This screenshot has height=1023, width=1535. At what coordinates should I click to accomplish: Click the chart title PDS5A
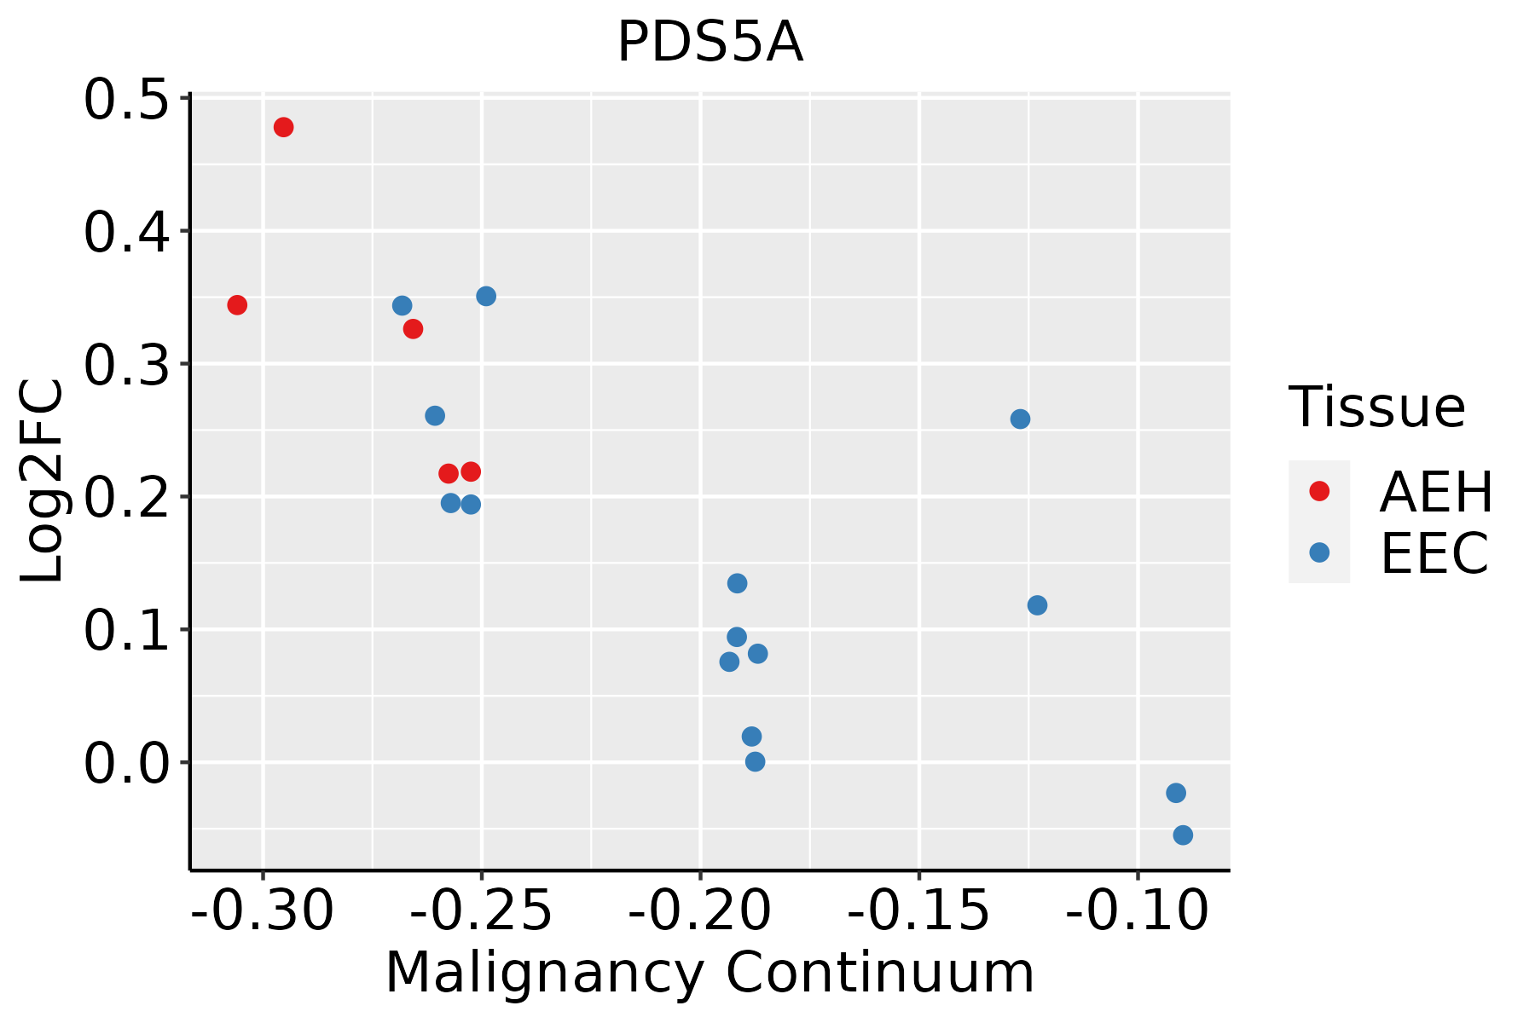[x=710, y=43]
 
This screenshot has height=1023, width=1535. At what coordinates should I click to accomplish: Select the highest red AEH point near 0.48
[x=284, y=127]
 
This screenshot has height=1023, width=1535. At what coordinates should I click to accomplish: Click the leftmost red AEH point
[x=237, y=305]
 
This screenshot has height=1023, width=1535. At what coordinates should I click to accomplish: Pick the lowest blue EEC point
[x=1183, y=835]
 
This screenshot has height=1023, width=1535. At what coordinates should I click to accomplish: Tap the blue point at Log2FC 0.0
[x=755, y=761]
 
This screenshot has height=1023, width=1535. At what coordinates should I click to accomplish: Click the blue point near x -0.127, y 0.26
[x=1020, y=419]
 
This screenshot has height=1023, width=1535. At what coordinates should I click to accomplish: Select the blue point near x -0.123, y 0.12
[x=1037, y=605]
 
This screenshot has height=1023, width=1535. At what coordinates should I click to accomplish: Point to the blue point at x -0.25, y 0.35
[x=486, y=297]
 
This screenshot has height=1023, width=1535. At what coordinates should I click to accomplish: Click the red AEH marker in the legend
[x=1319, y=490]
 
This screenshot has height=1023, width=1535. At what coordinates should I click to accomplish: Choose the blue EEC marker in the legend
[x=1319, y=552]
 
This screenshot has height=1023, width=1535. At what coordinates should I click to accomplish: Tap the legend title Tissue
[x=1376, y=407]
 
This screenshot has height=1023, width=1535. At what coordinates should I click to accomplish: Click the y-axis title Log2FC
[x=43, y=482]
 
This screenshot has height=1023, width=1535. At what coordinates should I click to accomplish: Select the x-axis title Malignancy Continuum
[x=710, y=974]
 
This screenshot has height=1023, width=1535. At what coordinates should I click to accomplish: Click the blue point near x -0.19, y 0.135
[x=738, y=583]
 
